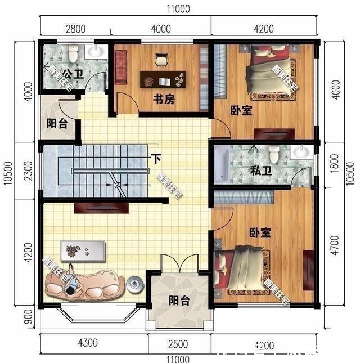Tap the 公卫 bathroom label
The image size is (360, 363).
[71, 74]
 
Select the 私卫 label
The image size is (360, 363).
[260, 171]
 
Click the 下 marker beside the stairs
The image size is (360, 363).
[152, 159]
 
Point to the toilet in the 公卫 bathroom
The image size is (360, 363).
[73, 55]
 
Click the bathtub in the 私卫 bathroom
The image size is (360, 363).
[222, 164]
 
